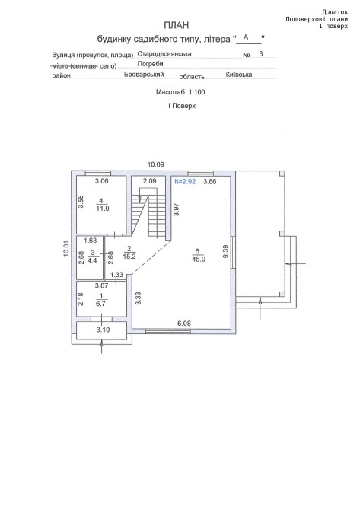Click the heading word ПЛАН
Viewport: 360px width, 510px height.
click(177, 25)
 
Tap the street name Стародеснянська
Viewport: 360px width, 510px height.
click(164, 54)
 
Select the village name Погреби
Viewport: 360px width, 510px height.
click(150, 64)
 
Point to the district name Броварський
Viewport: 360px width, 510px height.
click(144, 74)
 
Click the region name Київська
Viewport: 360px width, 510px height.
click(239, 75)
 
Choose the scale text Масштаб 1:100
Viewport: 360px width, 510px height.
click(180, 92)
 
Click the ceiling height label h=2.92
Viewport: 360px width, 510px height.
click(186, 181)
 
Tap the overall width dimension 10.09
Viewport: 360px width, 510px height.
click(156, 164)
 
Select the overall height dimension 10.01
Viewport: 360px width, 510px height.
click(66, 249)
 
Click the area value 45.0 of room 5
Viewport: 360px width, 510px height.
click(199, 260)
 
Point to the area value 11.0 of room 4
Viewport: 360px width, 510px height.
click(103, 209)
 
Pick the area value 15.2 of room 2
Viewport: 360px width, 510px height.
click(129, 257)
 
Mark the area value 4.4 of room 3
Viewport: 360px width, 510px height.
click(93, 260)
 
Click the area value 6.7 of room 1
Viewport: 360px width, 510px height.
click(103, 304)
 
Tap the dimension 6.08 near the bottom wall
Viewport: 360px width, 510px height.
click(184, 324)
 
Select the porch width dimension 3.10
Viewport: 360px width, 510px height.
click(103, 330)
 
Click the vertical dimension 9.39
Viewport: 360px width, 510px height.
click(226, 252)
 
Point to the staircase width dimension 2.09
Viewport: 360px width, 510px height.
click(150, 181)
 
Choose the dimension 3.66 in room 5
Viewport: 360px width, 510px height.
click(210, 181)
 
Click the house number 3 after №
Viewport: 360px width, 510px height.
click(261, 54)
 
